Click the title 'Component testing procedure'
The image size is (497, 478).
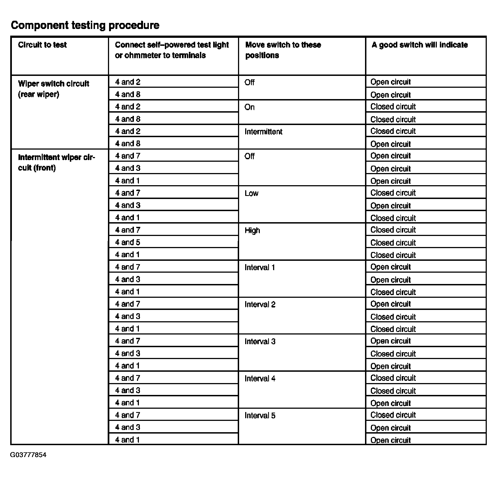click(85, 25)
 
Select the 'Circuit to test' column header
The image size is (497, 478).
click(42, 45)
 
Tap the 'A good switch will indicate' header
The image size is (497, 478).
click(419, 45)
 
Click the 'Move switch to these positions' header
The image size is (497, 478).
click(283, 50)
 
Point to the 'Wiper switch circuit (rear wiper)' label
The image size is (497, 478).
click(53, 89)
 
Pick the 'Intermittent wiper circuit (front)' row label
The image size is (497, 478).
click(56, 163)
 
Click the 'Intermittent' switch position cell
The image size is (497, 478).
click(263, 132)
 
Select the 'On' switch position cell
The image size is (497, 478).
click(250, 107)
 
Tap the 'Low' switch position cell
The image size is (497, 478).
click(252, 193)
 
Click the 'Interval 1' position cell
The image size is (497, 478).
click(260, 267)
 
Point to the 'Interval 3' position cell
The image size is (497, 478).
click(260, 341)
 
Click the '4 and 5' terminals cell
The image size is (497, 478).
click(128, 242)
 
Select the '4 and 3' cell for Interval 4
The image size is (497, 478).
click(128, 390)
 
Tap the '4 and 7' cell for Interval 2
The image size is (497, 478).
click(128, 304)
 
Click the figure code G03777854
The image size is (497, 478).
click(28, 455)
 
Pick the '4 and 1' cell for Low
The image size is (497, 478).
click(127, 217)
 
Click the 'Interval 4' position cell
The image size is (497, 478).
click(260, 378)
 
